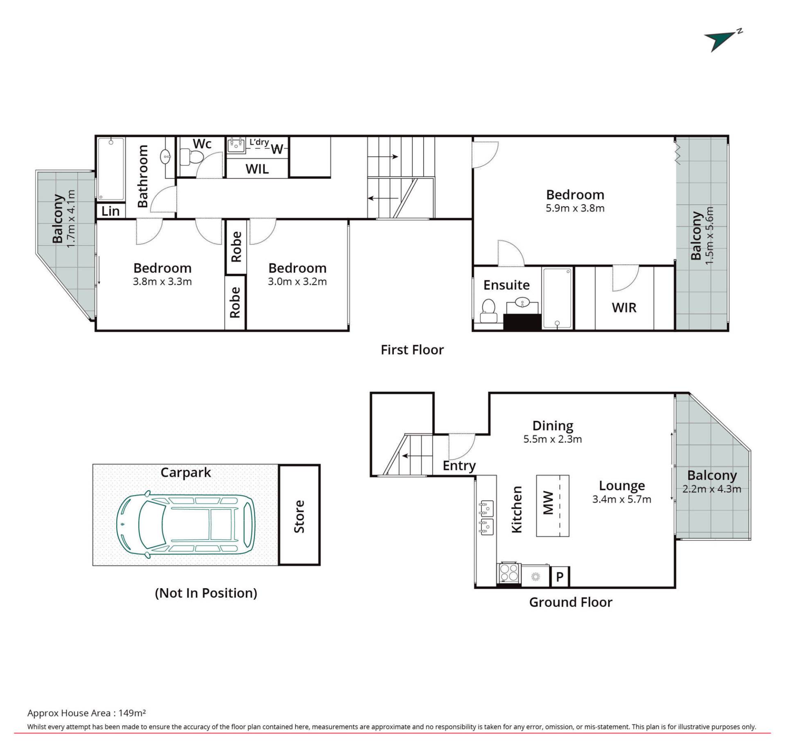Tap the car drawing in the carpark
click(185, 525)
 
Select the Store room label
click(299, 517)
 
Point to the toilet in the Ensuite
click(489, 311)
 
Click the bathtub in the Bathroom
click(111, 169)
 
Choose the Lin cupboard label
click(111, 211)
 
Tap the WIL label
click(257, 169)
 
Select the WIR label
click(624, 308)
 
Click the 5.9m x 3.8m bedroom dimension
click(575, 208)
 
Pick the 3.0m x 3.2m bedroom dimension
click(297, 282)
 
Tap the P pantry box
click(560, 577)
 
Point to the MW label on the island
click(548, 503)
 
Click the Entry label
click(459, 466)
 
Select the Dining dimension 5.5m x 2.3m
click(552, 439)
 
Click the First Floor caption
click(412, 350)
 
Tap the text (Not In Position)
click(206, 593)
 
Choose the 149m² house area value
click(132, 713)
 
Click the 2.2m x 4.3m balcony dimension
click(711, 489)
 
